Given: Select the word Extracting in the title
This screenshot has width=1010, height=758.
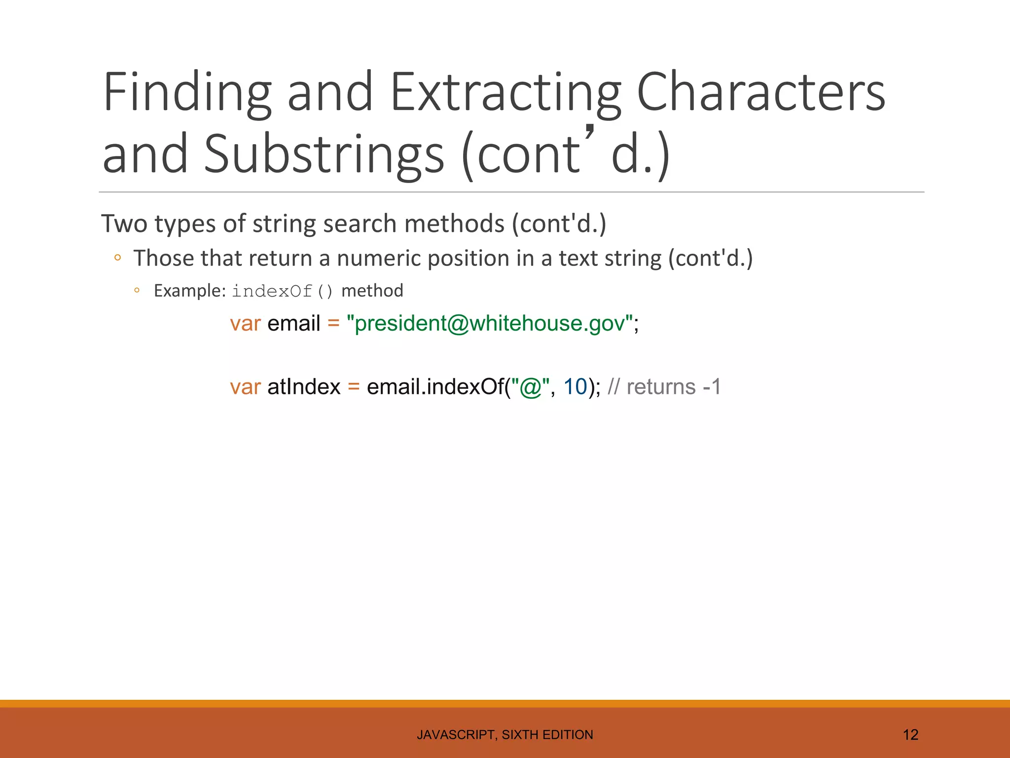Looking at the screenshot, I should (506, 93).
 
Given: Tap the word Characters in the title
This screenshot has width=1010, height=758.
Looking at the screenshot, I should (761, 92).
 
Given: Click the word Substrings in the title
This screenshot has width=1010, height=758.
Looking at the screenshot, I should (324, 154).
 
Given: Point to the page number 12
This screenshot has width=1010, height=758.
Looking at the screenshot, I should (910, 735).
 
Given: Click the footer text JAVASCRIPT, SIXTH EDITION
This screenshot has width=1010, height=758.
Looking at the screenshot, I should (505, 735).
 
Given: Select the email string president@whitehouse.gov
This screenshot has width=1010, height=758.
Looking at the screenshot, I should (490, 324).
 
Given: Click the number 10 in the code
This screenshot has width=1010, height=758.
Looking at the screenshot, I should (575, 387).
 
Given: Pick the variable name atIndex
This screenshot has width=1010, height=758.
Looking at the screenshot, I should (304, 387).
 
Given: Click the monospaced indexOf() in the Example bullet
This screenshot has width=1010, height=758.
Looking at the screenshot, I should (283, 291).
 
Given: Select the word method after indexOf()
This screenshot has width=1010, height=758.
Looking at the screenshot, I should (372, 291).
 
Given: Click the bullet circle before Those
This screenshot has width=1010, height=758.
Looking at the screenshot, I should (117, 257).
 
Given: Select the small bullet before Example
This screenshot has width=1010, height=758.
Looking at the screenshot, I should (137, 291).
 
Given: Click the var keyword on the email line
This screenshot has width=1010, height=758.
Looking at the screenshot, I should (245, 324).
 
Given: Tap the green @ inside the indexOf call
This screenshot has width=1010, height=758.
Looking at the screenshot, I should (531, 387).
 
